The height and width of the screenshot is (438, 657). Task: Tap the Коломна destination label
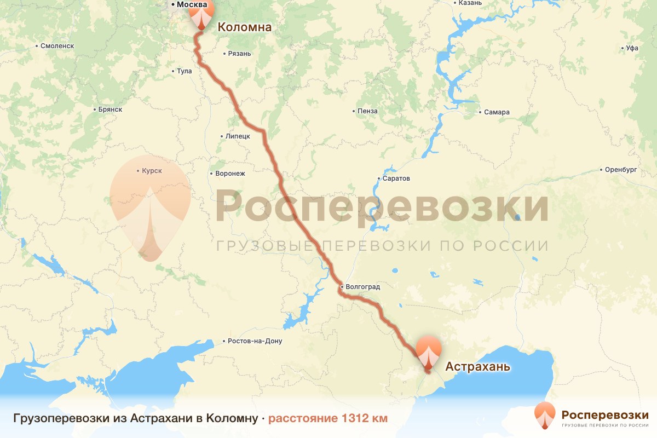245,27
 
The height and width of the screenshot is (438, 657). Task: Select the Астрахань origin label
477,366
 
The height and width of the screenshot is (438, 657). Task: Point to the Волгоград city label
362,286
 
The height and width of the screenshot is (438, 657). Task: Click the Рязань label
239,54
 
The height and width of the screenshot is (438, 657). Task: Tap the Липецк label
237,136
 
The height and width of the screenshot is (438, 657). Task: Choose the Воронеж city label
230,174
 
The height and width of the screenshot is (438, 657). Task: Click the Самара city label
496,112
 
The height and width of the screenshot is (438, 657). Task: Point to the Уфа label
632,48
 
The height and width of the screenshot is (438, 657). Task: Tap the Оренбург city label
620,170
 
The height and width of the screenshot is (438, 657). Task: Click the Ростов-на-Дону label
255,341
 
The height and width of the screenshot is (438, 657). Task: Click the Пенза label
367,111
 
